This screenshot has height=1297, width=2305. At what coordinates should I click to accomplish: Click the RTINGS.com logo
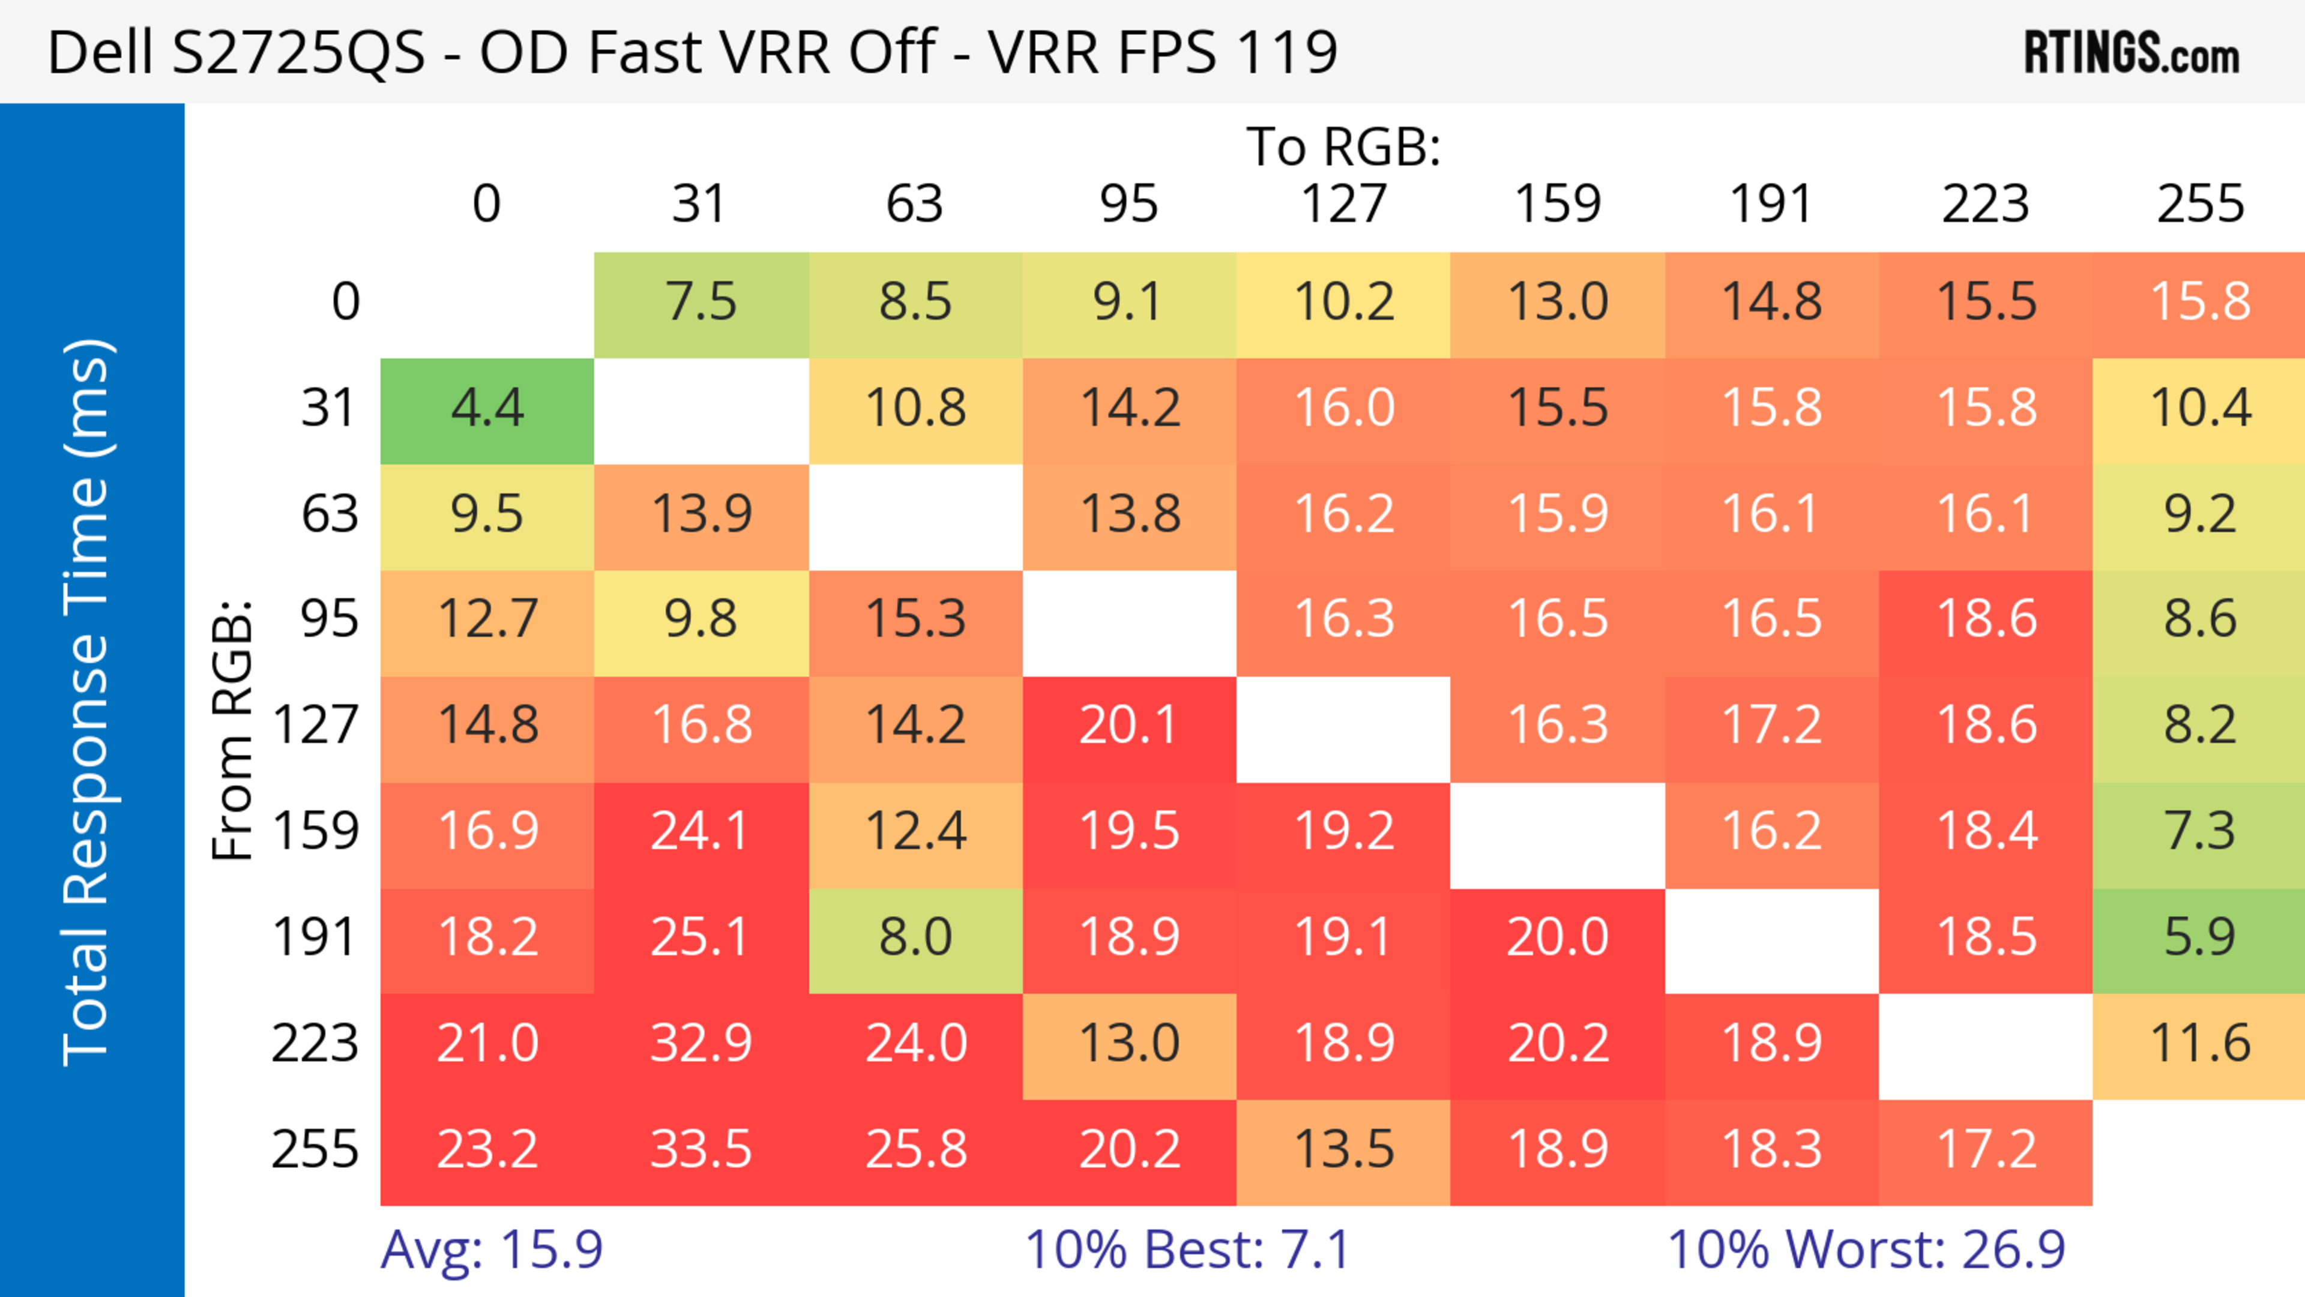[x=2132, y=53]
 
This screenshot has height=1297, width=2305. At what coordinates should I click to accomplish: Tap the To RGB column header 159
[x=1557, y=205]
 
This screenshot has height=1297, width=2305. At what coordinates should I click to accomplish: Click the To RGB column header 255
[x=2199, y=205]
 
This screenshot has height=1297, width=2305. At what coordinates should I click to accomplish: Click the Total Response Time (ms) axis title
[x=88, y=702]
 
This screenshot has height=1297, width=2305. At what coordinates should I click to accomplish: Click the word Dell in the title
[x=100, y=53]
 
